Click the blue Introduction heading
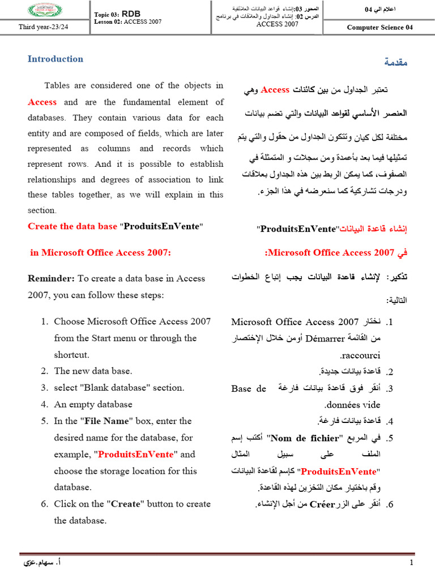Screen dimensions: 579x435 click(56, 59)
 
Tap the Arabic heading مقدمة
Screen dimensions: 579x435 click(395, 62)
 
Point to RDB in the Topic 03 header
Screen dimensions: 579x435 click(130, 12)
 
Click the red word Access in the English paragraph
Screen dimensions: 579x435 click(42, 102)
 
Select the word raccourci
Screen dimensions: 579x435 click(360, 355)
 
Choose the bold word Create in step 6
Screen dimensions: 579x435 click(126, 504)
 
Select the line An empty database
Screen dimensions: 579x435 click(93, 404)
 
